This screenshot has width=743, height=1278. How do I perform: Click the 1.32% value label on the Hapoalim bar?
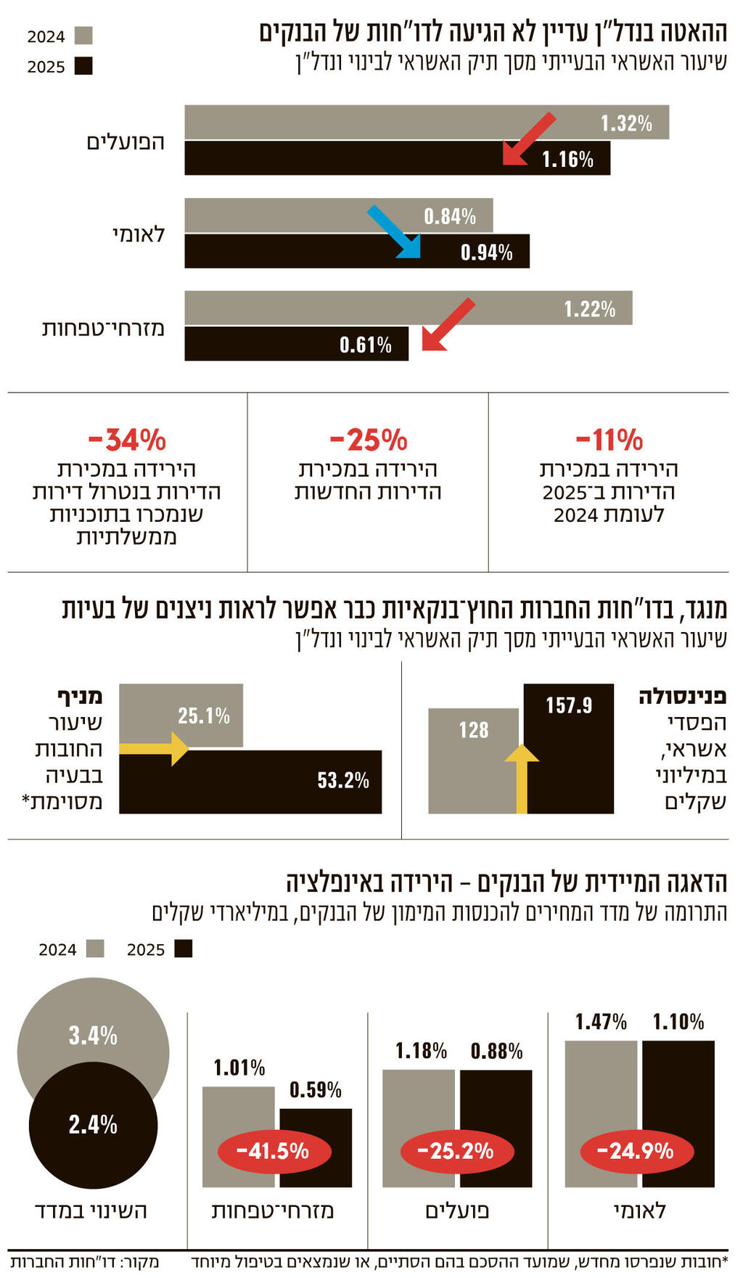(625, 123)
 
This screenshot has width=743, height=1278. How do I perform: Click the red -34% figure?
(127, 440)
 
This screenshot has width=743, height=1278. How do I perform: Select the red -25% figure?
(368, 440)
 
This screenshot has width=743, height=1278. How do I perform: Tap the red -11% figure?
(609, 440)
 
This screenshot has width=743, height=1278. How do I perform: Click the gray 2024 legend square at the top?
(83, 36)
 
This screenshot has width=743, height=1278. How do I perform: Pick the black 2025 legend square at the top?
(83, 66)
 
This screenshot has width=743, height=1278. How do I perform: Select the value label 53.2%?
(342, 780)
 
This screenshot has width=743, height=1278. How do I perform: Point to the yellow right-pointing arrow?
(155, 748)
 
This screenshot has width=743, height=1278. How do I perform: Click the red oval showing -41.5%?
(274, 1150)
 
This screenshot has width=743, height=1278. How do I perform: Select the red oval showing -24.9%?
(636, 1150)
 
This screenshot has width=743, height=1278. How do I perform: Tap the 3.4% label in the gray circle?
(93, 1036)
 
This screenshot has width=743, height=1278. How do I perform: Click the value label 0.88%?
(496, 1051)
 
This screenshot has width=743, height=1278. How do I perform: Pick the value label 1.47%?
(601, 1022)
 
